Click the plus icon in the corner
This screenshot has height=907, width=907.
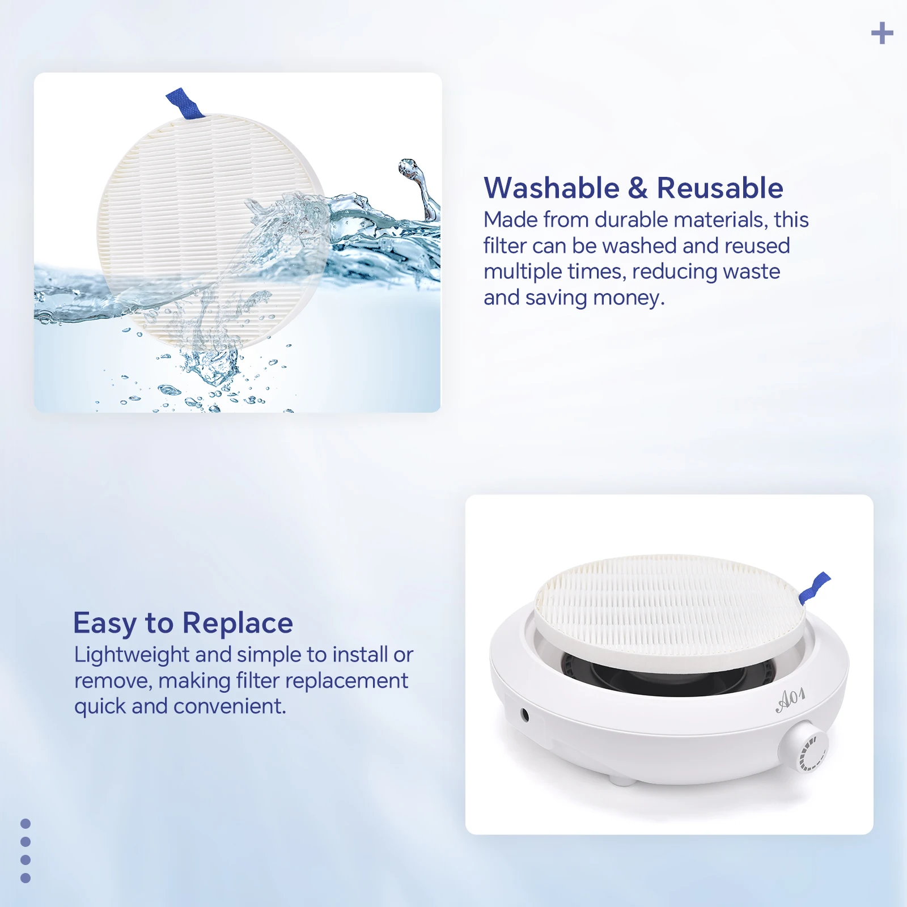[x=882, y=33]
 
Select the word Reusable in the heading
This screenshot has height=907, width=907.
[x=720, y=188]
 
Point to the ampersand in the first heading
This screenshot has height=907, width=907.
[x=638, y=188]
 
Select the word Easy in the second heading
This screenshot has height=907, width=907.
[x=105, y=624]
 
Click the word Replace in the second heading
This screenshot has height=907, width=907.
[x=238, y=624]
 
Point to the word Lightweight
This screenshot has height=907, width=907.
[x=132, y=655]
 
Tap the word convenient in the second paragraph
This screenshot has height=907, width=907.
[x=230, y=706]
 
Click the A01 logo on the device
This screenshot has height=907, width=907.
[x=790, y=700]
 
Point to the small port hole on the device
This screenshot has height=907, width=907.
[x=525, y=715]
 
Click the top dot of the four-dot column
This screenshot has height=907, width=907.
[x=26, y=824]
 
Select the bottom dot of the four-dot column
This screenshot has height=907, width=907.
[x=26, y=878]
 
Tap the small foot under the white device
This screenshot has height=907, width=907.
[x=621, y=781]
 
